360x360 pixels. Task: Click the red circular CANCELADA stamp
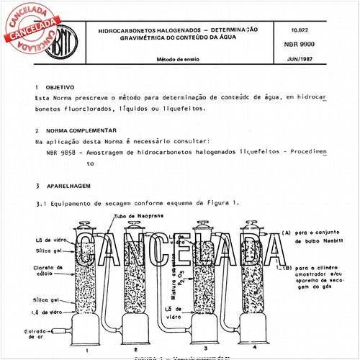point(32,30)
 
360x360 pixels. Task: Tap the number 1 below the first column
point(86,350)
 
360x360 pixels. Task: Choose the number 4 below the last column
point(256,349)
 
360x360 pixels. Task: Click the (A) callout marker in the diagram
point(287,233)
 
